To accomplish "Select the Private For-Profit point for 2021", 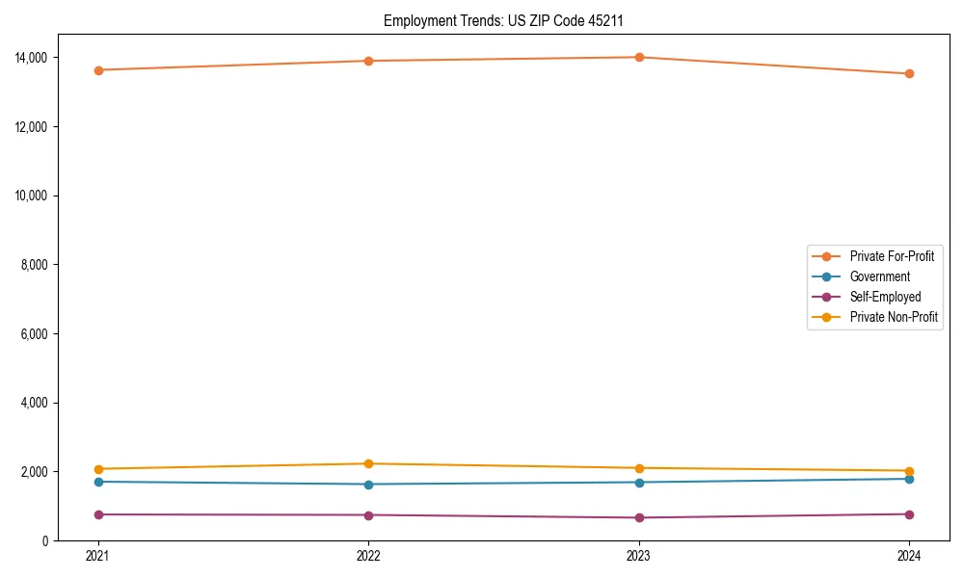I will click(x=97, y=70).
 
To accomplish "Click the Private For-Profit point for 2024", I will click(x=910, y=74).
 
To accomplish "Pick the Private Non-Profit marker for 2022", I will click(x=368, y=464).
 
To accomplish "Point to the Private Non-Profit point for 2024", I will click(x=910, y=471).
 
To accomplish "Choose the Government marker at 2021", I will click(x=97, y=482).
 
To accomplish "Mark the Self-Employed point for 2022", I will click(x=368, y=515).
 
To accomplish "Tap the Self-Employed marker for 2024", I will click(x=910, y=514).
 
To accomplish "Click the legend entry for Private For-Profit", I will click(x=892, y=256).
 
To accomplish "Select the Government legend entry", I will click(x=879, y=276).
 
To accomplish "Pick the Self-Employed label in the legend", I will click(x=885, y=297).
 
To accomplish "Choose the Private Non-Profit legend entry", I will click(x=894, y=317).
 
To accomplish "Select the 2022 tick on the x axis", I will click(x=368, y=556).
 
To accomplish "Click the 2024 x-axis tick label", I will click(x=910, y=556).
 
